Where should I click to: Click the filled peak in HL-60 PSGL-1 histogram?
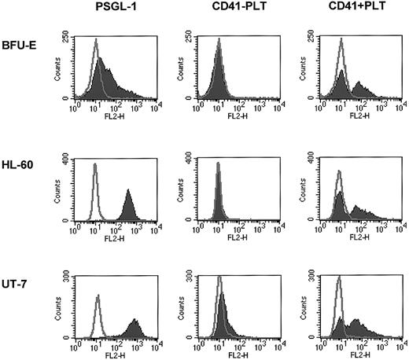(129, 206)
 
